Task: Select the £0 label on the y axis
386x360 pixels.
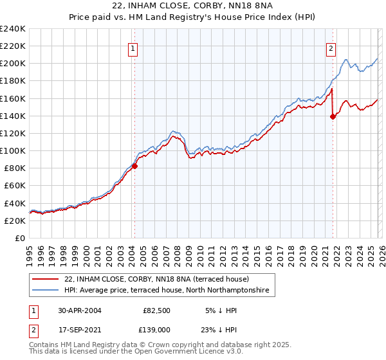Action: (20, 238)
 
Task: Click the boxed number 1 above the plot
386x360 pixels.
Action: (133, 48)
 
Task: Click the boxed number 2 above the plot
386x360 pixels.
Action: (331, 48)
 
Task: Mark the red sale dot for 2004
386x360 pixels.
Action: (134, 166)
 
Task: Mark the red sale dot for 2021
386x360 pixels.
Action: (333, 116)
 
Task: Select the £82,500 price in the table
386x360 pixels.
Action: (156, 309)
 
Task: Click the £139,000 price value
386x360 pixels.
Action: (156, 328)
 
